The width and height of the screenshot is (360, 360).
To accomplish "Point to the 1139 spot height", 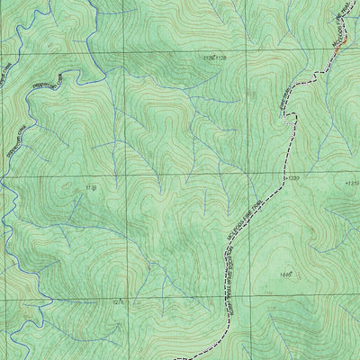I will tap(90, 187).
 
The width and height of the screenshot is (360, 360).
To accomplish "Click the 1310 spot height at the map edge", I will tap(351, 184).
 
